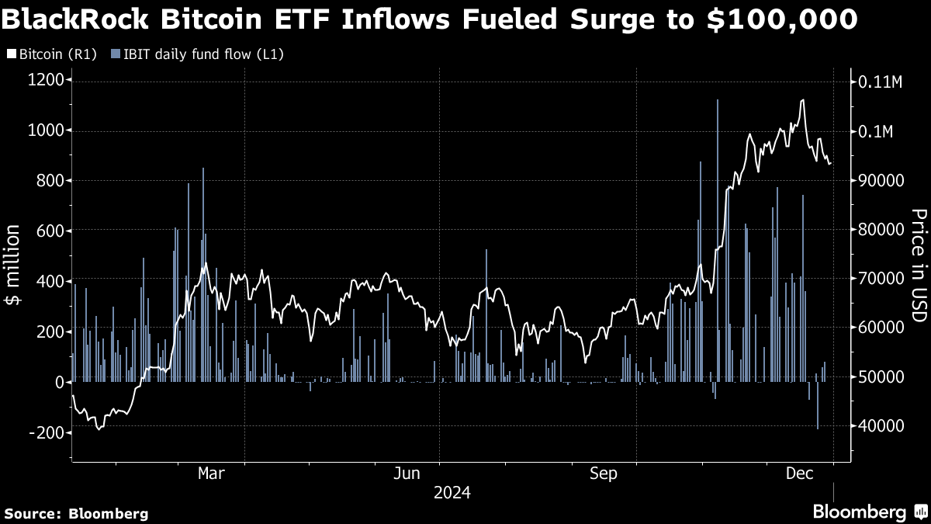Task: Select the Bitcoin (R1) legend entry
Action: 51,54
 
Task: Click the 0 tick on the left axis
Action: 59,382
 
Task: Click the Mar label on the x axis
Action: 211,474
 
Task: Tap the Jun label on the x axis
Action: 407,474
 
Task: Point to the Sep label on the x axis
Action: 604,474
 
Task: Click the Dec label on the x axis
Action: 799,474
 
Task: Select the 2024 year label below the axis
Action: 452,493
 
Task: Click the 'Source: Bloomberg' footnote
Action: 76,513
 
